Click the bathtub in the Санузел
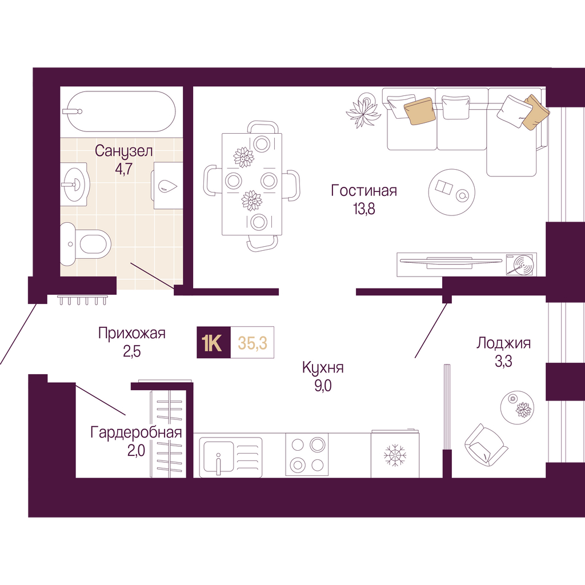[x=119, y=111]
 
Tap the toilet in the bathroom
[x=86, y=245]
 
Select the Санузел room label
[x=123, y=151]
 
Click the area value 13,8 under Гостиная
[x=364, y=209]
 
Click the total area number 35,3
[x=253, y=343]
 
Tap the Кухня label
[x=323, y=368]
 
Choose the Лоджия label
[x=503, y=343]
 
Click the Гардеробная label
[x=136, y=433]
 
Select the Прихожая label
[x=132, y=333]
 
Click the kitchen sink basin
[x=219, y=458]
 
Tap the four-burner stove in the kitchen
[x=307, y=454]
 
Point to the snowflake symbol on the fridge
[x=395, y=455]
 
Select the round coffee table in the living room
[x=452, y=192]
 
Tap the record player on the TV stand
[x=520, y=265]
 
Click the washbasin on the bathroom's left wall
[x=75, y=184]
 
